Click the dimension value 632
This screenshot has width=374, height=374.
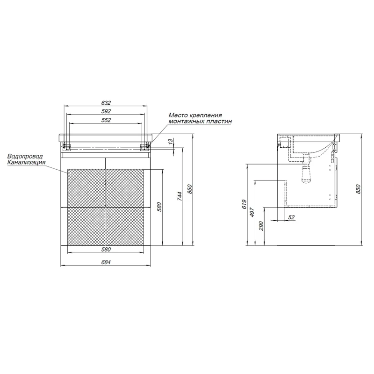click(x=106, y=103)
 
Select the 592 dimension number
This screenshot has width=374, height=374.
click(x=106, y=111)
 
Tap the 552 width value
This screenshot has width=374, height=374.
click(x=106, y=120)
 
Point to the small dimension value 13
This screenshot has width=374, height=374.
click(x=170, y=142)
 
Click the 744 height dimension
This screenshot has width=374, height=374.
click(x=180, y=196)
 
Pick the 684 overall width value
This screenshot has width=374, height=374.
click(x=106, y=262)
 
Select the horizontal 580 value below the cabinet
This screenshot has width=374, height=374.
click(x=106, y=250)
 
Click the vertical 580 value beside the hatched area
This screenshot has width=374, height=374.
click(x=159, y=207)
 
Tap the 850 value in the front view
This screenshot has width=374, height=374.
click(x=190, y=189)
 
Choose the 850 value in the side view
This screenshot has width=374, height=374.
click(x=358, y=189)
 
